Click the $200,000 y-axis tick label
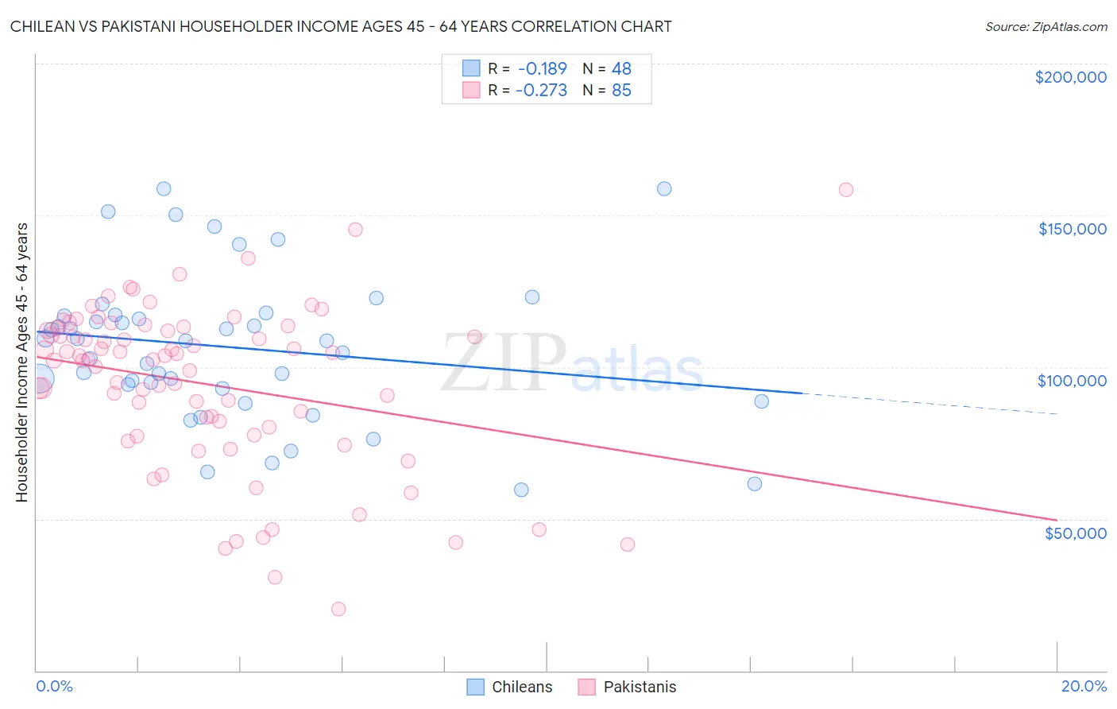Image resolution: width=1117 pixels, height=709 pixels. [1070, 77]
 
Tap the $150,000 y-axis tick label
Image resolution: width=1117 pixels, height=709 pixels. [1072, 229]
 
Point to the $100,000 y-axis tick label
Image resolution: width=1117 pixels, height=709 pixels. [1072, 381]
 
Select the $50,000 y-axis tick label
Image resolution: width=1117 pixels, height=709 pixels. [1075, 533]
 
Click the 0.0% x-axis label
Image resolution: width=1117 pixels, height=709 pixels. [54, 686]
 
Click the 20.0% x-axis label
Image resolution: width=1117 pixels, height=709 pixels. [1084, 686]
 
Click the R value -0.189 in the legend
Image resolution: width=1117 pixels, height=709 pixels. [542, 68]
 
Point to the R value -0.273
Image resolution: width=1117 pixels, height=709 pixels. [541, 90]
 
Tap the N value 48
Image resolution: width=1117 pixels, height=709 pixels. [621, 68]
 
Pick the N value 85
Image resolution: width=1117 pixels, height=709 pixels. [621, 90]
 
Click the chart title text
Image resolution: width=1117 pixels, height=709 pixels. [341, 26]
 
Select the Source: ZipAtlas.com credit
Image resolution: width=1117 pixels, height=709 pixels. [1045, 26]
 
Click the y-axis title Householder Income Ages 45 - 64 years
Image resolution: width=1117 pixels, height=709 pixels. [21, 362]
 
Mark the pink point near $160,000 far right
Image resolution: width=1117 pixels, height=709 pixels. [845, 190]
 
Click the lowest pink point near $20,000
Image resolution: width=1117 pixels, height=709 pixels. [338, 609]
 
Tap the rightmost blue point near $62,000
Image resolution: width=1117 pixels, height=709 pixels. [755, 483]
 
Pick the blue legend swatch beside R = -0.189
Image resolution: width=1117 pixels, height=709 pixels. [472, 68]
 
